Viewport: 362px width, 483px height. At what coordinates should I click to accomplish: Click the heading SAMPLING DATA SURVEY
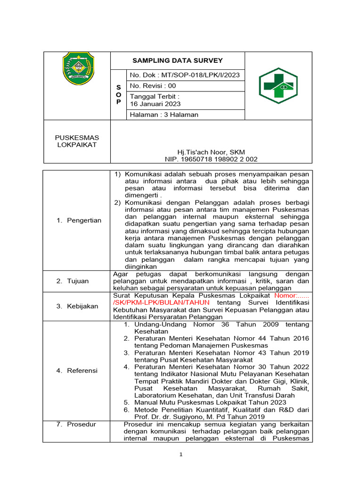[x=177, y=60]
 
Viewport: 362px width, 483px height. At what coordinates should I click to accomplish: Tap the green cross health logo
[x=278, y=86]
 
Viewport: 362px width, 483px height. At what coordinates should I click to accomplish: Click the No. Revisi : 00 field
[x=153, y=86]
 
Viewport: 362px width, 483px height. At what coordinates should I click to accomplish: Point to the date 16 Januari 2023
[x=155, y=104]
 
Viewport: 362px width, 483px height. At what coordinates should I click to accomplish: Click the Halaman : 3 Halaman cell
[x=164, y=115]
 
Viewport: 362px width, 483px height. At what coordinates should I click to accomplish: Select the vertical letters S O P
[x=118, y=95]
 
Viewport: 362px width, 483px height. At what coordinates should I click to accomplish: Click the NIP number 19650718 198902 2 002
[x=211, y=159]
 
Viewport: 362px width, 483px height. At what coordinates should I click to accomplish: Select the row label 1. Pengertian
[x=79, y=220]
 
